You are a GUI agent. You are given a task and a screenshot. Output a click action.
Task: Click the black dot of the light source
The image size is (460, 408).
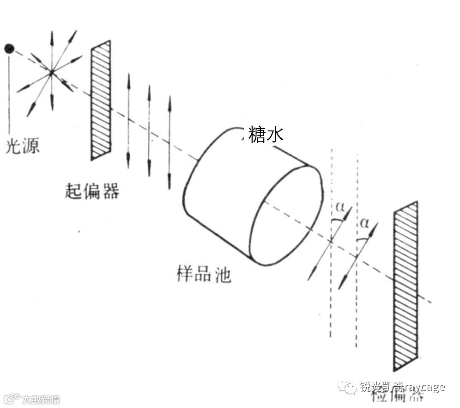(9, 48)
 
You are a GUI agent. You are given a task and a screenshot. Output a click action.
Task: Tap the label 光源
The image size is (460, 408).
(22, 146)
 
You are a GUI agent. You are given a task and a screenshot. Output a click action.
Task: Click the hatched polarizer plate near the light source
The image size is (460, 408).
(101, 100)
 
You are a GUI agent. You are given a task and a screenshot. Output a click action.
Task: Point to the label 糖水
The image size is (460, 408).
(266, 134)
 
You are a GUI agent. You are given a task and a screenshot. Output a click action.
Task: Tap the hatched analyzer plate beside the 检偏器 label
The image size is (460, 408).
(406, 285)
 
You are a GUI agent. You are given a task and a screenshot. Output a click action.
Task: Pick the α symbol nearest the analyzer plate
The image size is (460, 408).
(365, 223)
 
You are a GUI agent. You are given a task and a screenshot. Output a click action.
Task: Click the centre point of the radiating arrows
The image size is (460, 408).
(52, 72)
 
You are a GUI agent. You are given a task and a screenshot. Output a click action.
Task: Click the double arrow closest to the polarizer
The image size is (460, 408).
(128, 120)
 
